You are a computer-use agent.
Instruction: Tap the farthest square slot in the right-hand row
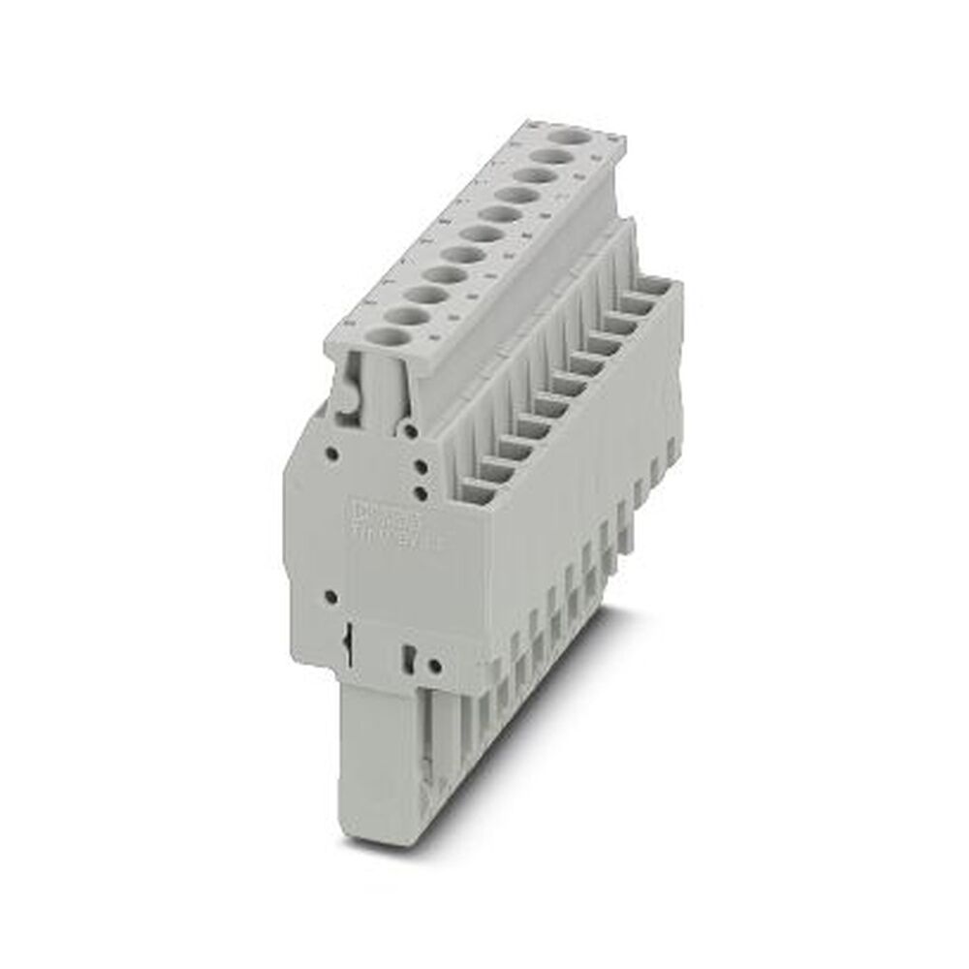[659, 288]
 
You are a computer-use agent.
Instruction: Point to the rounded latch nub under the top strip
[343, 396]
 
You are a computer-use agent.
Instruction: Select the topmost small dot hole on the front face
[412, 428]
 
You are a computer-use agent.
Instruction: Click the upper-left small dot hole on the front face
[332, 452]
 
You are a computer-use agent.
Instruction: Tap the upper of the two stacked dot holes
[420, 467]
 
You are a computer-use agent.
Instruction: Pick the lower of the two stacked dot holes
[420, 493]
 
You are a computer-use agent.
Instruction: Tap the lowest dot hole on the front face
[433, 665]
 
